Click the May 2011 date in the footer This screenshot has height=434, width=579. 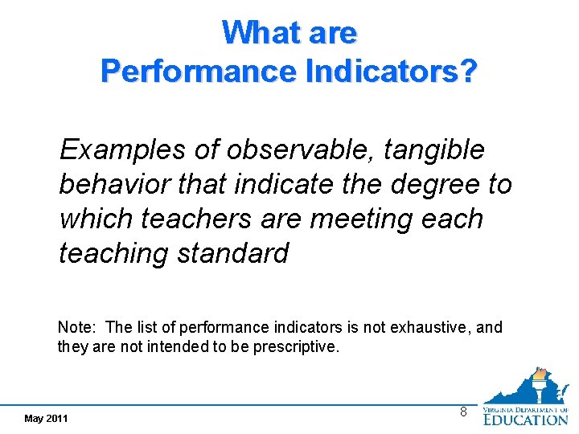pos(46,419)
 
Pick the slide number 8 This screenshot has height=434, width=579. pos(462,411)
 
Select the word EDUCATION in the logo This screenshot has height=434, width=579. pos(526,418)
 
